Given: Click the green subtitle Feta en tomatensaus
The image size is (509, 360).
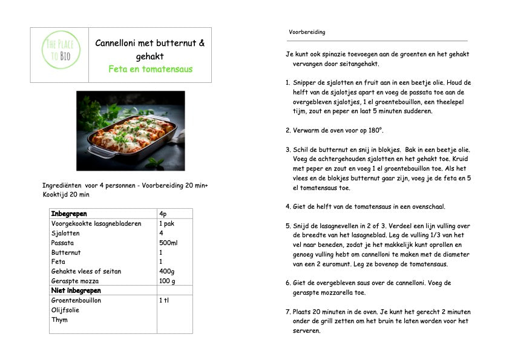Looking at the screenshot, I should tap(150, 69).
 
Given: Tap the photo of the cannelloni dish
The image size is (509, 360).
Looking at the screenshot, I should tap(130, 131).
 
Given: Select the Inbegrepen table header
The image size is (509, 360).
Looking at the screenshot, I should tap(69, 214).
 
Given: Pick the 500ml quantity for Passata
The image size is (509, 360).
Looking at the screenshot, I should tap(168, 243).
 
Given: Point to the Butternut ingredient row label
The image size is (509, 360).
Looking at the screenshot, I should tap(66, 252).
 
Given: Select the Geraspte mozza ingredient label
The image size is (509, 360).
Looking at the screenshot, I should tap(75, 281).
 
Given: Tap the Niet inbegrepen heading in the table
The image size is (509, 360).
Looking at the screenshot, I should tap(76, 291).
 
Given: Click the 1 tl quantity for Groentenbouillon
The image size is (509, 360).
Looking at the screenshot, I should tap(165, 301).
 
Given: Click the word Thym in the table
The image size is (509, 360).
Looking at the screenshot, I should tap(59, 320).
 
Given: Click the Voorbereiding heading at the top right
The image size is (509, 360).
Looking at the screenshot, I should tap(307, 32).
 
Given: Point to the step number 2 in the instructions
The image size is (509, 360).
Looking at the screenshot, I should tap(287, 130).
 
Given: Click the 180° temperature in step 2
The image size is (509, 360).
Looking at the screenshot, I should tap(376, 130).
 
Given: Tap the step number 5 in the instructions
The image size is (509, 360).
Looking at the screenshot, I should tap(287, 226).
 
